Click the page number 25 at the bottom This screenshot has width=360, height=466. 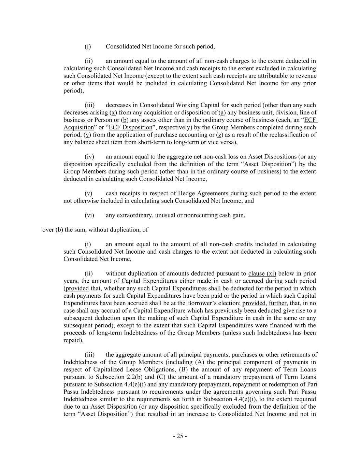pos(180,436)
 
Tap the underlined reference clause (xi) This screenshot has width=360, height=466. pos(262,273)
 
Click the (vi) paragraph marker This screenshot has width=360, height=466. pos(89,215)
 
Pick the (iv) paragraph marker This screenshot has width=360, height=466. pos(89,157)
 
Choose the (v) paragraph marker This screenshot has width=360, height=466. pos(89,194)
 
